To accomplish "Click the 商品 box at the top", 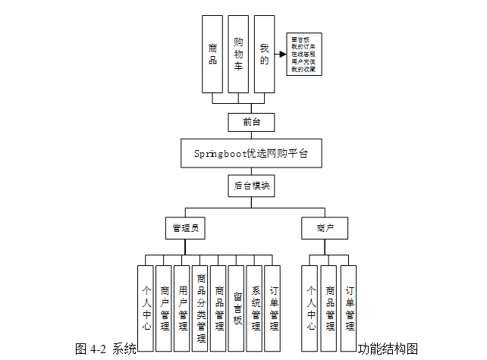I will [x=212, y=54].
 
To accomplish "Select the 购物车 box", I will [x=238, y=54].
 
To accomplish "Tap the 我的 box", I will [x=264, y=54].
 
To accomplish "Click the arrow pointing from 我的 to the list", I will [x=281, y=55].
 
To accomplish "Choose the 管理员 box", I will [x=187, y=227].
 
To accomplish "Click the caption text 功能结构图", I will [x=388, y=349].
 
